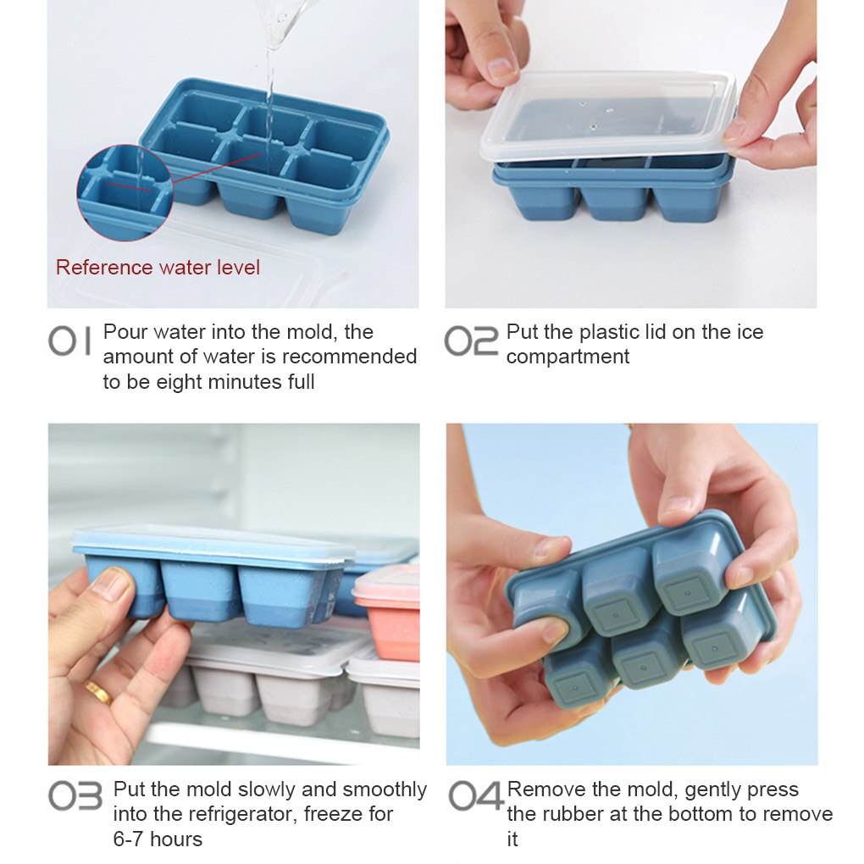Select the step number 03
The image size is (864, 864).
point(75,796)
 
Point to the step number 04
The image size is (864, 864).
point(475,796)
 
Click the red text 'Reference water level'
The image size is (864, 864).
point(158,268)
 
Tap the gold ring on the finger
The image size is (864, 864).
point(97,692)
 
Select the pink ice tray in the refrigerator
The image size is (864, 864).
point(388,614)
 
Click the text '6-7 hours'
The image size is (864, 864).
point(158,839)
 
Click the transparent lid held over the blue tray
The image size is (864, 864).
point(606,117)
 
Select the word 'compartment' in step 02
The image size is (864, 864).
point(568,357)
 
